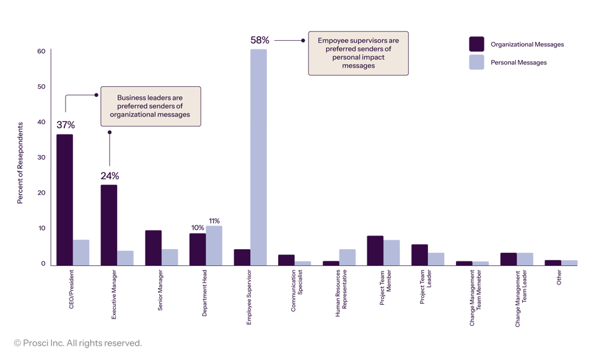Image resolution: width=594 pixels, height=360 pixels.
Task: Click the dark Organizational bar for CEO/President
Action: [64, 200]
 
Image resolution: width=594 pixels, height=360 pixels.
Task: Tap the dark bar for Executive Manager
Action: [109, 225]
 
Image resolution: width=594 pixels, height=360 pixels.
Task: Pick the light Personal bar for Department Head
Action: [214, 245]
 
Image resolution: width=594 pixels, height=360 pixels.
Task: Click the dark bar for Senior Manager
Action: [154, 248]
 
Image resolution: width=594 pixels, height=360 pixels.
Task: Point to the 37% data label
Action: [66, 125]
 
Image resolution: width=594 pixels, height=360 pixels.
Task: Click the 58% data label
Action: [260, 40]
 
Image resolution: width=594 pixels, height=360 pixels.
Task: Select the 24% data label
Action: [110, 176]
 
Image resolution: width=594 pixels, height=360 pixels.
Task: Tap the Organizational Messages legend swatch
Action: [476, 44]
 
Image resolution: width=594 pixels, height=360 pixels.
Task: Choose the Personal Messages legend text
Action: [518, 63]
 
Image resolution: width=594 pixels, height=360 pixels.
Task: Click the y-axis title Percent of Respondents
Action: [20, 163]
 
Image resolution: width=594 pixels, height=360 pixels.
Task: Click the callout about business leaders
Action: [150, 106]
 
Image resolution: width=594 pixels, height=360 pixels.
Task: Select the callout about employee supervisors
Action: [358, 53]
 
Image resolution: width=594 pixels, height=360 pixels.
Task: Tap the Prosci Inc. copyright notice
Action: [78, 343]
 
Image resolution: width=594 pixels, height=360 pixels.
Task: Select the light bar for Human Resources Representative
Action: [347, 257]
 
